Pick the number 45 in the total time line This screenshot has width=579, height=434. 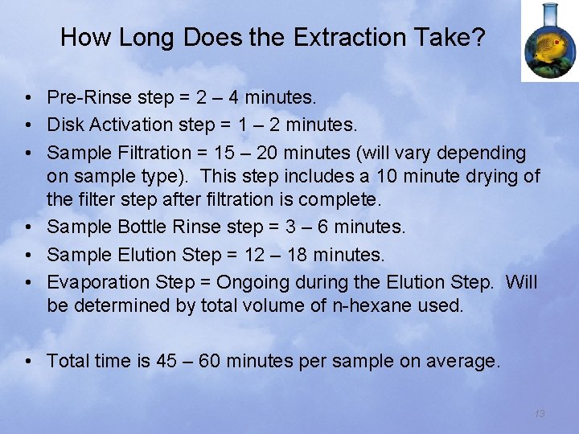tap(167, 361)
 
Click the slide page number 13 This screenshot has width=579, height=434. tap(540, 413)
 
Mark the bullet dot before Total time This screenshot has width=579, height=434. tap(28, 362)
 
